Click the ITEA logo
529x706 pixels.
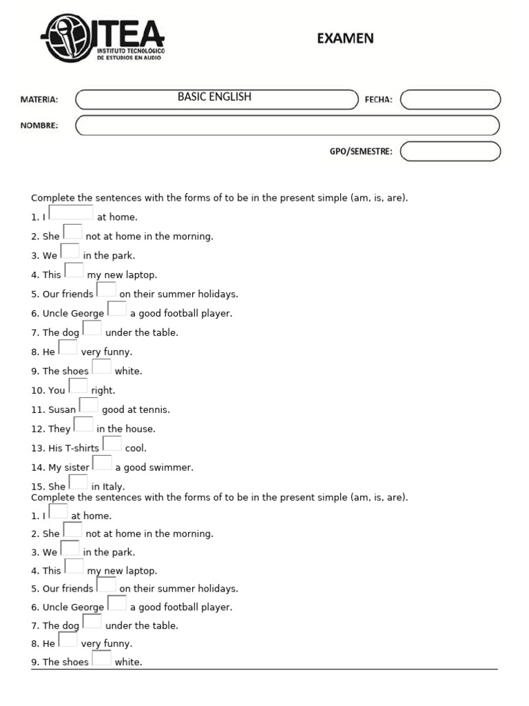click(103, 38)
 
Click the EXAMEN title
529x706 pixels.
click(345, 39)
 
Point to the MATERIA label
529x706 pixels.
click(39, 99)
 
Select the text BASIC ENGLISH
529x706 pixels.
click(214, 97)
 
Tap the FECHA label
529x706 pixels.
click(378, 99)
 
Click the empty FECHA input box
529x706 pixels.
click(450, 100)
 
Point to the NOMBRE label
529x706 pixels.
click(39, 125)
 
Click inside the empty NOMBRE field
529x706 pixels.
click(287, 125)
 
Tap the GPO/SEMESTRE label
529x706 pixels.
click(361, 152)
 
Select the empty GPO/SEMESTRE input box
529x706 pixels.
click(450, 151)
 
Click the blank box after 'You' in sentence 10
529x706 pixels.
click(78, 386)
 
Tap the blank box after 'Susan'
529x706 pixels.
click(88, 405)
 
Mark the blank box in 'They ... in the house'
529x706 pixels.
click(83, 425)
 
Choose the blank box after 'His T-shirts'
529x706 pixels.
click(112, 444)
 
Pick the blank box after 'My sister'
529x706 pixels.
click(102, 463)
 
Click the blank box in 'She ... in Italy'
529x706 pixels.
click(78, 483)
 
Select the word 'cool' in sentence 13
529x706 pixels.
click(135, 448)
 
